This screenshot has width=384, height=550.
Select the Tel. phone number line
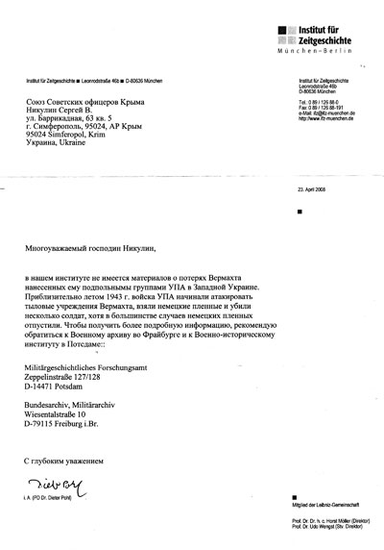[323, 128]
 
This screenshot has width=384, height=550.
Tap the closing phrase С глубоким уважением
[68, 463]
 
